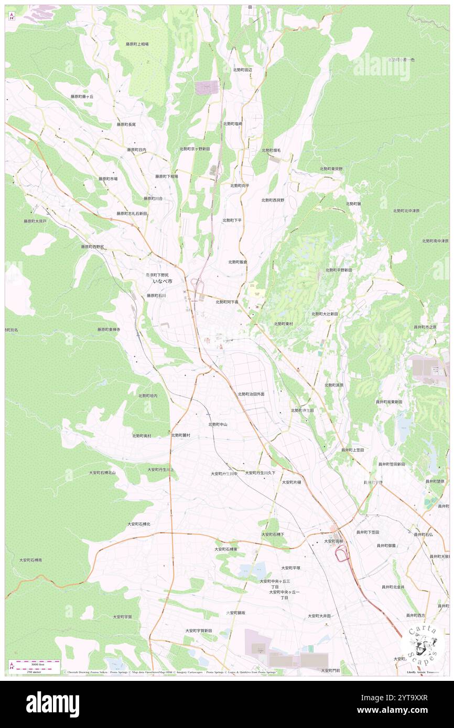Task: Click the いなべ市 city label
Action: [x=162, y=281]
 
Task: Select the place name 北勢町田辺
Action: [x=243, y=70]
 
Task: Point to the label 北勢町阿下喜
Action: [x=227, y=302]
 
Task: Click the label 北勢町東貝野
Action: [x=331, y=169]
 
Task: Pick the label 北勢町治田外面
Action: [x=251, y=394]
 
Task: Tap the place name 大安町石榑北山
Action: [x=102, y=472]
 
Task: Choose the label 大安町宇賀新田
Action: [x=199, y=631]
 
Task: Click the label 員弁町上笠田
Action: [x=352, y=450]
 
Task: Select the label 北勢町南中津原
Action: [x=435, y=241]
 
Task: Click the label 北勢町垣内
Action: [x=148, y=395]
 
